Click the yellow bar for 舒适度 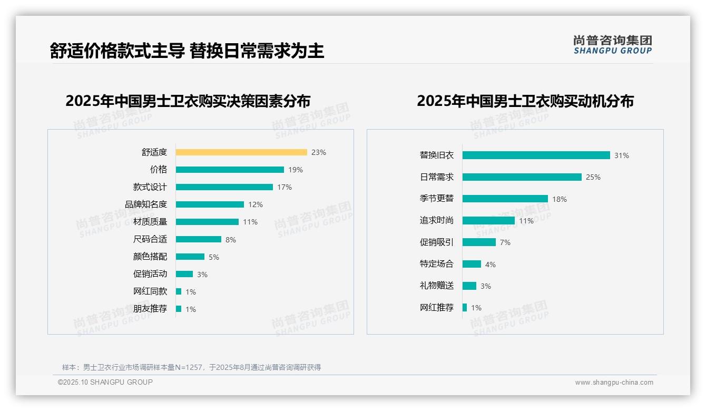pos(241,152)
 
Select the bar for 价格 pos(230,170)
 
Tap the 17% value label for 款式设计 pos(285,187)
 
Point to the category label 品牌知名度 pos(146,204)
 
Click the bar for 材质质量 pos(207,222)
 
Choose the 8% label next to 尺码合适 pos(231,240)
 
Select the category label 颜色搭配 pos(150,257)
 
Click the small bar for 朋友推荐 pos(179,309)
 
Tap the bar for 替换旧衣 pos(536,155)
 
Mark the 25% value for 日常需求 pos(593,177)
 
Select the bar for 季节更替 pos(505,199)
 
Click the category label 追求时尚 pos(437,220)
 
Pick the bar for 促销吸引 pos(479,242)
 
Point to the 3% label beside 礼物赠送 pos(486,286)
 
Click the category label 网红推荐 pos(437,308)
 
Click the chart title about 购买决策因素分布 pos(188,101)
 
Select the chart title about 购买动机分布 pos(525,101)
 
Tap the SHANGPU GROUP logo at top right pos(613,45)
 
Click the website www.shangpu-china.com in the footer pos(614,383)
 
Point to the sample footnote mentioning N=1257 pos(192,367)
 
